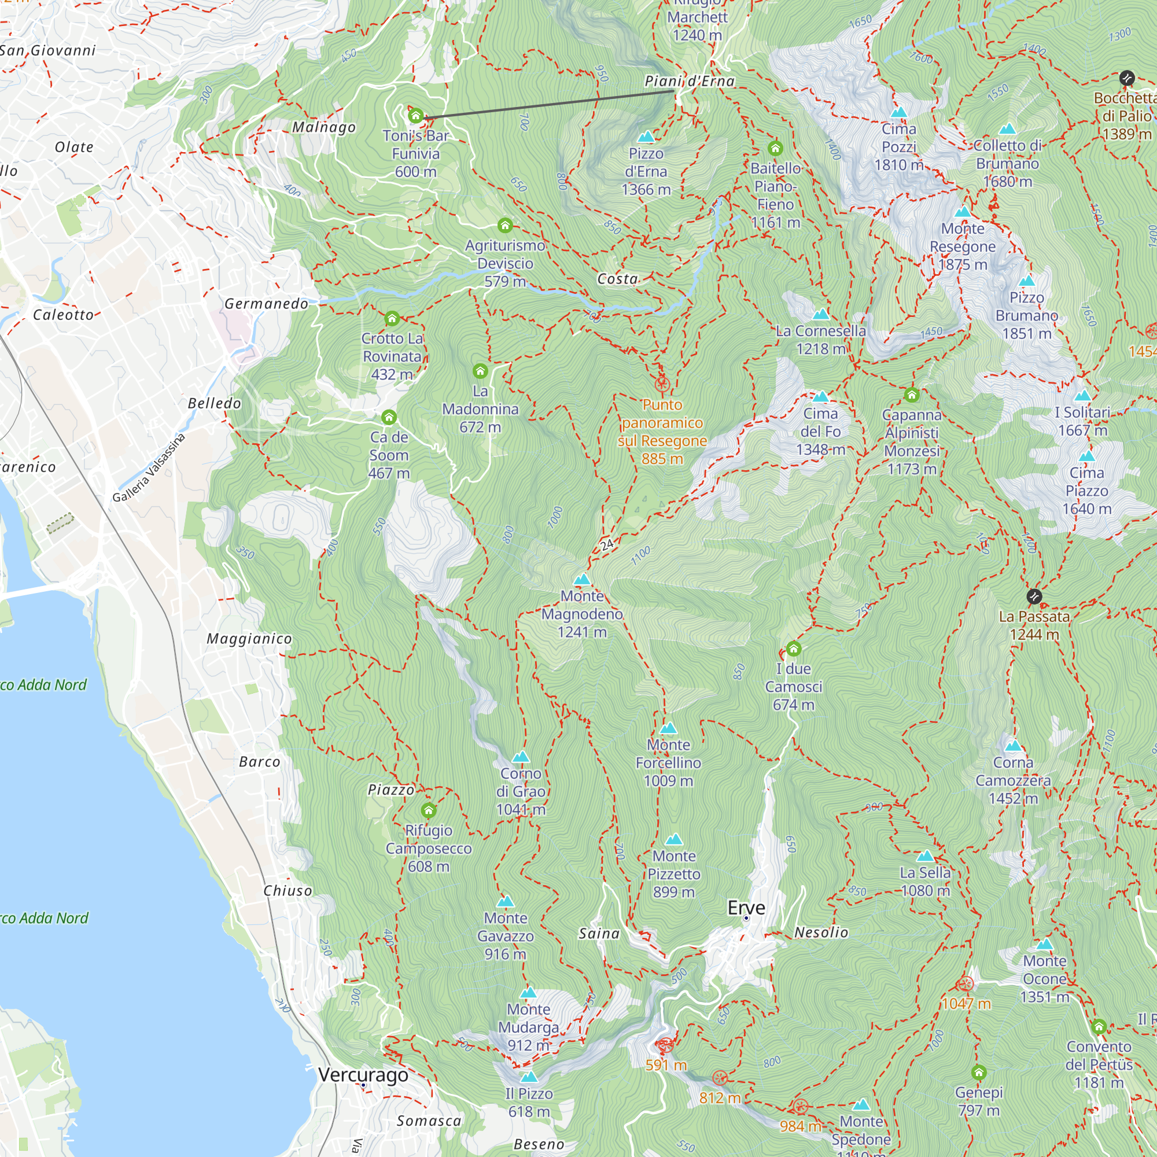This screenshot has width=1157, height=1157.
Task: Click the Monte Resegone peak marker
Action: point(963,212)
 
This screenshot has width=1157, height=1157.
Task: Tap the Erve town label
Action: point(746,908)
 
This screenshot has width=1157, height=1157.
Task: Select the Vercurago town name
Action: point(363,1074)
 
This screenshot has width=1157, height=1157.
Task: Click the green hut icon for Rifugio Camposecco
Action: point(428,811)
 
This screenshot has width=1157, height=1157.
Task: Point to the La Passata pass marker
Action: point(1034,596)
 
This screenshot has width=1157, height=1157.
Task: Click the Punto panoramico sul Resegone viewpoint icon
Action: point(662,384)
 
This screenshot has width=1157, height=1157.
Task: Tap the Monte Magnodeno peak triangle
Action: point(582,579)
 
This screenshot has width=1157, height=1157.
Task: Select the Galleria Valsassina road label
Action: point(149,467)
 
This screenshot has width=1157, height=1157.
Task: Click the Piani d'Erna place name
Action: point(690,81)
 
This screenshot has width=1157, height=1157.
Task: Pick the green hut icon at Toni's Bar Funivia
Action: point(415,116)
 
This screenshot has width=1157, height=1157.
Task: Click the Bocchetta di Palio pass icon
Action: point(1127,78)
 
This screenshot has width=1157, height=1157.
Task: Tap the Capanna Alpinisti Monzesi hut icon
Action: point(912,395)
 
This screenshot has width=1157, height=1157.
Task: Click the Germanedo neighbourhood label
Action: point(267,304)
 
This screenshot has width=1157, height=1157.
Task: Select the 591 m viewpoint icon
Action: point(665,1045)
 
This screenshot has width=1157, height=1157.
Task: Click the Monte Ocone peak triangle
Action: point(1044,945)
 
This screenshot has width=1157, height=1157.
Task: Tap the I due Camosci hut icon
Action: point(794,648)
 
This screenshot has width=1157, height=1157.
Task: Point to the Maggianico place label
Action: point(249,639)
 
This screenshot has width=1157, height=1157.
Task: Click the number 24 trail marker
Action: point(607,544)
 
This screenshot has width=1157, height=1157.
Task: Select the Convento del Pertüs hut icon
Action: point(1099,1027)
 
